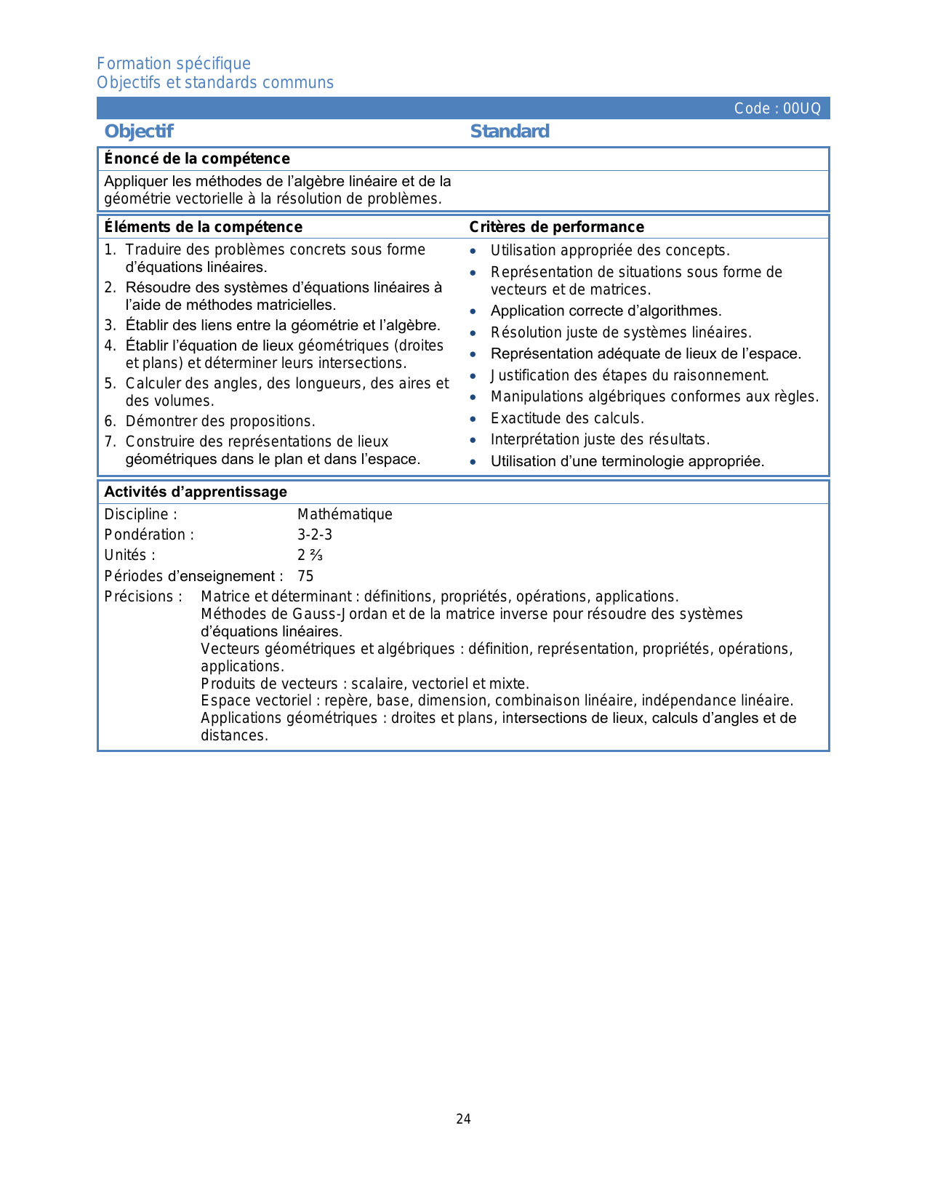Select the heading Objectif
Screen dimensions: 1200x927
click(139, 132)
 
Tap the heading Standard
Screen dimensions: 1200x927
click(510, 132)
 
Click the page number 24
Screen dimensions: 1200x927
click(463, 1119)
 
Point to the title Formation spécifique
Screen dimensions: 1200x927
click(174, 64)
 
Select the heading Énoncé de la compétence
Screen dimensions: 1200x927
click(197, 159)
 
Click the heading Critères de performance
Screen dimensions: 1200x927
click(556, 227)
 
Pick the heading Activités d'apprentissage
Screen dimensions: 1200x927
click(196, 492)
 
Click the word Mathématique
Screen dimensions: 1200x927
click(345, 514)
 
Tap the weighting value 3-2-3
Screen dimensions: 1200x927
click(315, 535)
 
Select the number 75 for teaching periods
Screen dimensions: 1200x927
click(305, 576)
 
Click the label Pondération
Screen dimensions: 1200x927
click(149, 535)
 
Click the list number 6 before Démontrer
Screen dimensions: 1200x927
click(109, 421)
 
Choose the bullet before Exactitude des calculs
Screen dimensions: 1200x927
click(473, 419)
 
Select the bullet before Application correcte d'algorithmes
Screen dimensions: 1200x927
click(473, 311)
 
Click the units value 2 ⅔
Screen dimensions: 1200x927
click(310, 555)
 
